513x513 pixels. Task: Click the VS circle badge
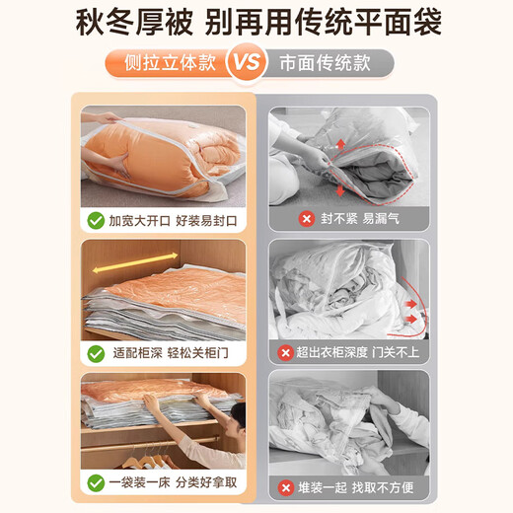click(x=247, y=62)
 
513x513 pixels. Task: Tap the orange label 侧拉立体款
click(x=170, y=62)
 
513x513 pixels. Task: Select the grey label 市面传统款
click(x=325, y=63)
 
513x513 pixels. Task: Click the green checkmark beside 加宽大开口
click(x=96, y=221)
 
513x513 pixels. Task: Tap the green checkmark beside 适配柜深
click(x=96, y=354)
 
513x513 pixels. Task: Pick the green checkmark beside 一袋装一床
click(x=96, y=482)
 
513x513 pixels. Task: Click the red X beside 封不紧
click(x=307, y=219)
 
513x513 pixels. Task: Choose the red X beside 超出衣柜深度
click(x=285, y=353)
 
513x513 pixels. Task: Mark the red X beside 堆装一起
click(x=286, y=487)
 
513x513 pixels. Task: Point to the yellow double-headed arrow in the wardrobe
click(x=135, y=262)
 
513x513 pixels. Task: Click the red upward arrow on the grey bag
click(x=341, y=144)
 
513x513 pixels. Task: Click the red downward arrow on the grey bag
click(x=340, y=189)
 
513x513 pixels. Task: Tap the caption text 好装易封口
click(x=206, y=221)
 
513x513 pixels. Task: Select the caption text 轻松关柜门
click(x=197, y=353)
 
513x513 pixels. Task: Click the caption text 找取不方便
click(x=383, y=487)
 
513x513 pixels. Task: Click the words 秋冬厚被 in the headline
click(x=134, y=23)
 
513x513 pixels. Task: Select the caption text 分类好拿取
click(x=206, y=482)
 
